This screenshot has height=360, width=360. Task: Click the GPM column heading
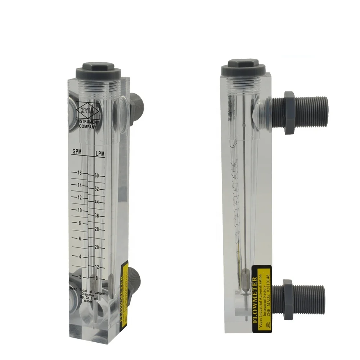pos(76,152)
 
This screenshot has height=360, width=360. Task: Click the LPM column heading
pos(100,154)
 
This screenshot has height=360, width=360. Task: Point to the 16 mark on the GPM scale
pos(79,173)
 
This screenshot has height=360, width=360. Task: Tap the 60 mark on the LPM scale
pos(96,176)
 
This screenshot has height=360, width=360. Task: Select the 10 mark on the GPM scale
pos(79,210)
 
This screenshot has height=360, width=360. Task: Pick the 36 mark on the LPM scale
pos(96,216)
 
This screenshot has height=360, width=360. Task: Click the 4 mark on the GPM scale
pos(80,256)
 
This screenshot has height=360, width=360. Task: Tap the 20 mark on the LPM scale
pos(96,247)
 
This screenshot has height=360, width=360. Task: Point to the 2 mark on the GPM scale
pos(80,276)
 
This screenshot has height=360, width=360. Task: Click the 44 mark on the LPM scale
pos(96,202)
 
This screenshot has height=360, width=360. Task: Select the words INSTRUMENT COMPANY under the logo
pos(87,125)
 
